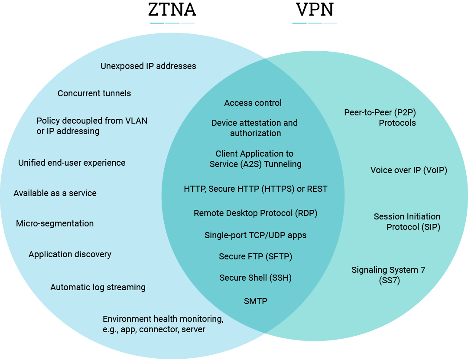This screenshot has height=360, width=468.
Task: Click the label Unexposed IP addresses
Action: point(148,66)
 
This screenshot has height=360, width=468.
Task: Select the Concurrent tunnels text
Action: point(94,93)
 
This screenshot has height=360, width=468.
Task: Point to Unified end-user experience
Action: point(71,163)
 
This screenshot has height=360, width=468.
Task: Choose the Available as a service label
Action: point(55,193)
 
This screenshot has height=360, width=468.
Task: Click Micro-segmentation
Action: point(55,223)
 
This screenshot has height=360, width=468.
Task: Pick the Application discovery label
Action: point(70,254)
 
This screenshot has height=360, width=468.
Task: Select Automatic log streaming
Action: point(98,287)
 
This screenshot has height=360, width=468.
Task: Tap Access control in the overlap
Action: point(253,103)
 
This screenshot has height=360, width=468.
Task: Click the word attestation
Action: point(257,123)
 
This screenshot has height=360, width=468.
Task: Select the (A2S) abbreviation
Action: point(248,164)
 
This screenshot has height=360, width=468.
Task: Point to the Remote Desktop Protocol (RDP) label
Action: point(255,213)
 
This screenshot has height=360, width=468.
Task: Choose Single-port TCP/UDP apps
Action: point(255,235)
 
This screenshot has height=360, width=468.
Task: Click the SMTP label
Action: point(255,301)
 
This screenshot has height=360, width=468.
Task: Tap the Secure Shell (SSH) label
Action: point(255,278)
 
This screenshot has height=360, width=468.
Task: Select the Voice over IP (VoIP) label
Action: point(409,170)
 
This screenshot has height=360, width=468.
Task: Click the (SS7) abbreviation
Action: point(389,281)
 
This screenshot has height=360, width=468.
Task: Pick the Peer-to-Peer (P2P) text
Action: point(380,112)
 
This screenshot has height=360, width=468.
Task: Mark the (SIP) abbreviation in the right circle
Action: point(431,227)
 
